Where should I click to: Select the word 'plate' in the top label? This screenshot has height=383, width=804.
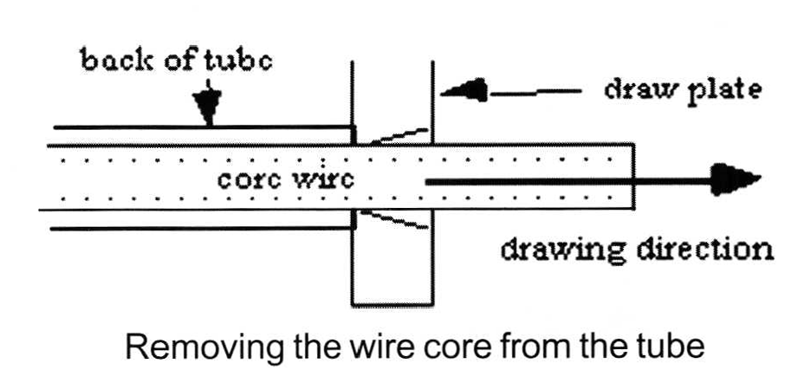[723, 89]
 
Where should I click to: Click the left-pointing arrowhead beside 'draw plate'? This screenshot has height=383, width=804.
[464, 90]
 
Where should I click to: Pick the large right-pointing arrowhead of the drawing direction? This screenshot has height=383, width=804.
[736, 180]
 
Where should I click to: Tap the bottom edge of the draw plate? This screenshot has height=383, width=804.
[392, 302]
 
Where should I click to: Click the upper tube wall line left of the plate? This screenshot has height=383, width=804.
[199, 129]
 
